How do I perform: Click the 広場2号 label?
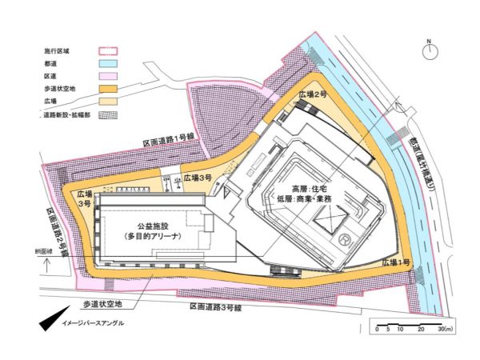point(314,94)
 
